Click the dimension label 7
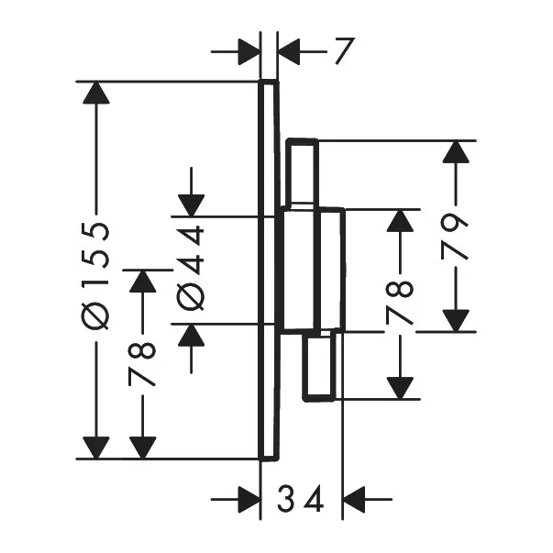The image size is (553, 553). (x=344, y=51)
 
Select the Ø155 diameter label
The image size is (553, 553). (x=94, y=276)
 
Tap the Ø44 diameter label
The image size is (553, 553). (x=191, y=268)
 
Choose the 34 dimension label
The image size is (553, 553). (x=301, y=499)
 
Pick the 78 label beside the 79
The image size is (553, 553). (x=400, y=303)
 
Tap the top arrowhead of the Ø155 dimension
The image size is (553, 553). (x=96, y=93)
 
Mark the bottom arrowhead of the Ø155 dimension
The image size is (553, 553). (x=96, y=448)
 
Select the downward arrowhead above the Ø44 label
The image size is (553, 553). (x=191, y=205)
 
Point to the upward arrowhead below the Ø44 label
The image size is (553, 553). (x=191, y=335)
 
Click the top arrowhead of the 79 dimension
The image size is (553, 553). (x=456, y=151)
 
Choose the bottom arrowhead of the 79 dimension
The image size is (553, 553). (x=456, y=321)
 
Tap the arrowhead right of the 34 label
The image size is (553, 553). (x=354, y=499)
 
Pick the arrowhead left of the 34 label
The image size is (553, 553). (x=249, y=499)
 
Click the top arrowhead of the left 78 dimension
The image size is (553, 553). (x=142, y=281)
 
